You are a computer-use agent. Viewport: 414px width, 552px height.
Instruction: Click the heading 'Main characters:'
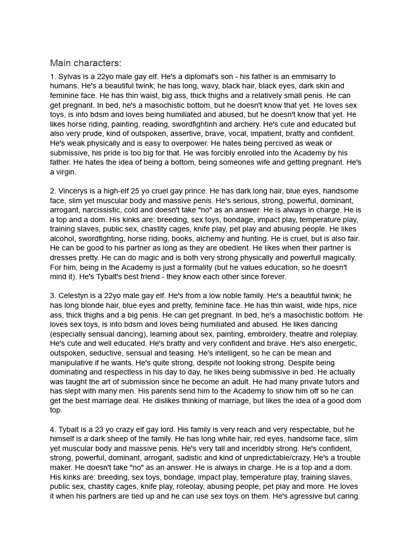(86, 63)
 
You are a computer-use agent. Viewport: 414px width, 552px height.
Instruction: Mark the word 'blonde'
(94, 306)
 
